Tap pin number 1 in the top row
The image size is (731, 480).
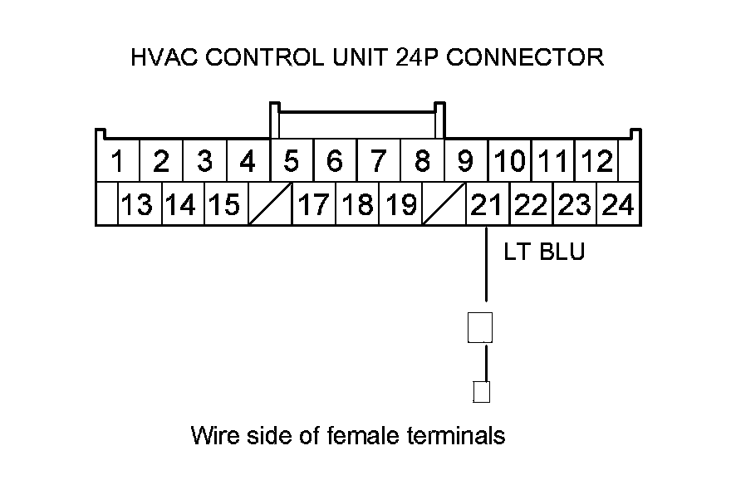[118, 160]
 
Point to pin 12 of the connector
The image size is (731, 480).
[596, 160]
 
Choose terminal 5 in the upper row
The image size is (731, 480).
[291, 160]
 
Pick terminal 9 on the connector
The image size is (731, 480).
[465, 160]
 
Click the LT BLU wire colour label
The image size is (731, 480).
[544, 252]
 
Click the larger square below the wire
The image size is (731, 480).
[483, 327]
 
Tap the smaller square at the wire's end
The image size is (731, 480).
[481, 391]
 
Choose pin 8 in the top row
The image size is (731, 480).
[422, 160]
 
